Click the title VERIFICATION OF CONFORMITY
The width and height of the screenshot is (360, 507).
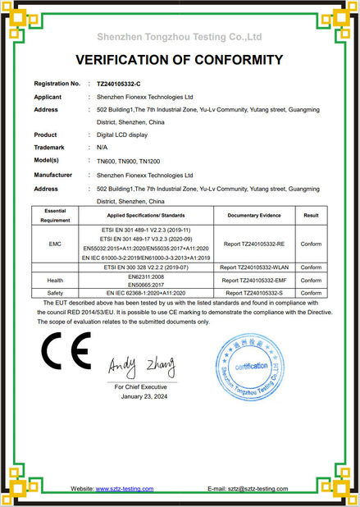[x=180, y=60]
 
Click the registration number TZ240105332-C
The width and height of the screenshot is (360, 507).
[x=119, y=84]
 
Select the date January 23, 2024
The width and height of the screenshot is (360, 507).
[x=144, y=395]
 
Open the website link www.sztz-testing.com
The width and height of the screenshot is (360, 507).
[x=125, y=488]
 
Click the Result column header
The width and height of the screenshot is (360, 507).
[x=311, y=214]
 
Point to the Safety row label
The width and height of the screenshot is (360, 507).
[x=55, y=292]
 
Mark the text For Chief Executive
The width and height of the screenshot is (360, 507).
[x=144, y=385]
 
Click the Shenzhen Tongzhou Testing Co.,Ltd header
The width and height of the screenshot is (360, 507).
[x=180, y=37]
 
